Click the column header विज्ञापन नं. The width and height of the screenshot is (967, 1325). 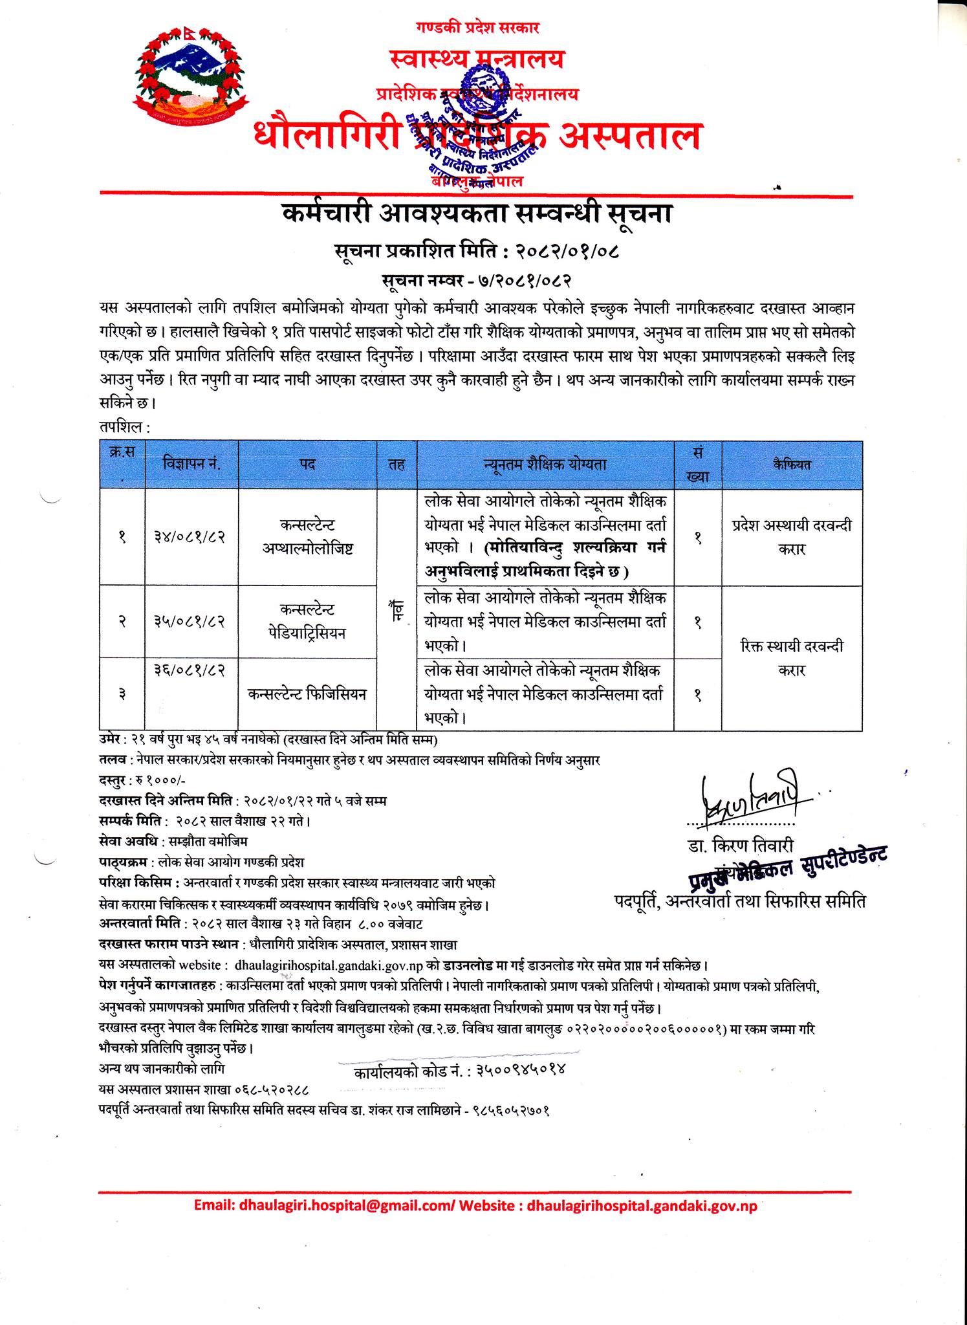point(191,465)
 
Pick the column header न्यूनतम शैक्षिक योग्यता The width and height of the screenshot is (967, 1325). point(545,465)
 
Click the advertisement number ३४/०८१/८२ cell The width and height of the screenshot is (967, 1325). point(191,536)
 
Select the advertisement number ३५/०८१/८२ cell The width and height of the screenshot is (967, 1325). point(191,621)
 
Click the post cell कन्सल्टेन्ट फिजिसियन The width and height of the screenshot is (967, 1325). point(307,694)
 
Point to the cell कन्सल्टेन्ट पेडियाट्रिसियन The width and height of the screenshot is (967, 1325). point(307,621)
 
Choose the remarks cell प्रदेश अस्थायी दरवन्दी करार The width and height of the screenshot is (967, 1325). point(791,536)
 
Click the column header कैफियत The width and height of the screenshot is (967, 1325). point(791,465)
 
